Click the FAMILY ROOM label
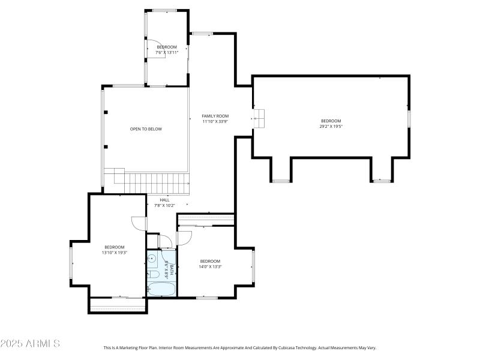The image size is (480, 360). pyautogui.click(x=215, y=116)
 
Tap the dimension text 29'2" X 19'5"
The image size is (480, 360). pyautogui.click(x=331, y=127)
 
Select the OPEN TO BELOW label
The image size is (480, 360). pyautogui.click(x=146, y=129)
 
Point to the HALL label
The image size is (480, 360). pyautogui.click(x=164, y=200)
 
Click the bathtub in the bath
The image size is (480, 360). pyautogui.click(x=161, y=289)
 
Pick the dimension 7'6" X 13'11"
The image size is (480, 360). pyautogui.click(x=167, y=52)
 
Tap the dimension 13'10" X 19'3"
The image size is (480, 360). pyautogui.click(x=114, y=253)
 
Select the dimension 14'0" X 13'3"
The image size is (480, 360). pyautogui.click(x=210, y=266)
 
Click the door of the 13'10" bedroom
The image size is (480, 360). pyautogui.click(x=139, y=223)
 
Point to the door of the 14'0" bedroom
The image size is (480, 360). pyautogui.click(x=184, y=238)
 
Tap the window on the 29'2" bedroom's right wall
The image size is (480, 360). pyautogui.click(x=409, y=118)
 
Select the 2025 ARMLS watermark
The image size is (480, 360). pyautogui.click(x=30, y=344)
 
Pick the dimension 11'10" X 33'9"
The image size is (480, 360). pyautogui.click(x=215, y=121)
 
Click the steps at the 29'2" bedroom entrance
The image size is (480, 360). pyautogui.click(x=259, y=118)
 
